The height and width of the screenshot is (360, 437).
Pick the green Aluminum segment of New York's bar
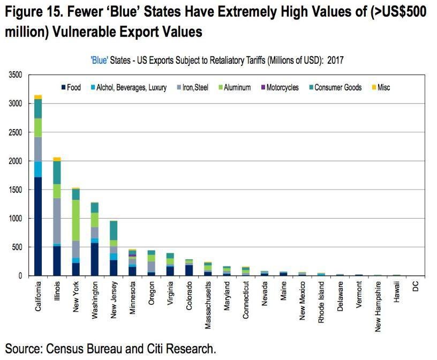pos(76,220)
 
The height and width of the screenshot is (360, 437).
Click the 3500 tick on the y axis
pos(14,75)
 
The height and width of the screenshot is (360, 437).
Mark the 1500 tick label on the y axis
pos(14,190)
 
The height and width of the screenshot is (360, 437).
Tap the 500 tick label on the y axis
pos(17,247)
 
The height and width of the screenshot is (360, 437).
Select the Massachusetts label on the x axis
pos(208,305)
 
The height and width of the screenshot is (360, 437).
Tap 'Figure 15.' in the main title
pos(34,12)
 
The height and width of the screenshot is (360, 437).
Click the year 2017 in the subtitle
pos(334,60)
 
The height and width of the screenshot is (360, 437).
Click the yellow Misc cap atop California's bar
pos(38,97)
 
